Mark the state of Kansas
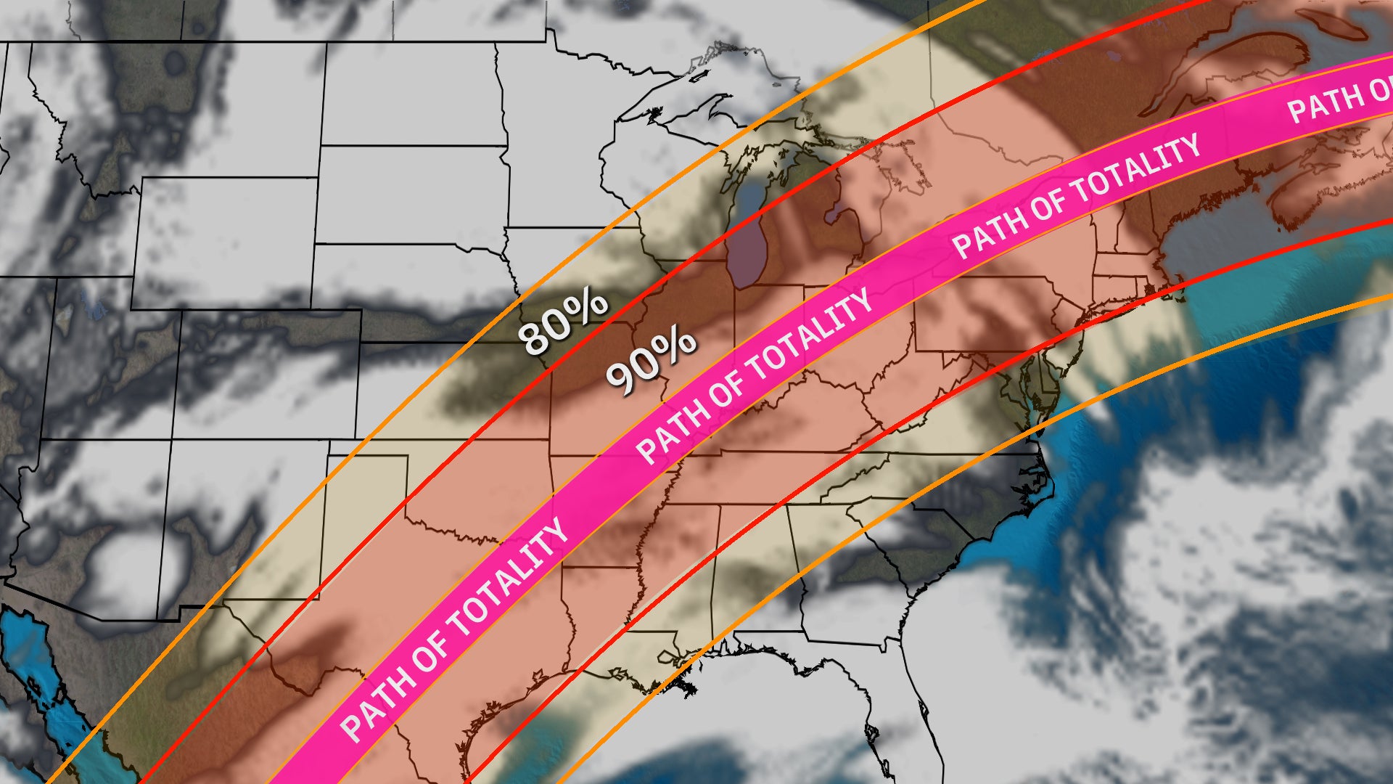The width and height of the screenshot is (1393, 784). pyautogui.click(x=450, y=392)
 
